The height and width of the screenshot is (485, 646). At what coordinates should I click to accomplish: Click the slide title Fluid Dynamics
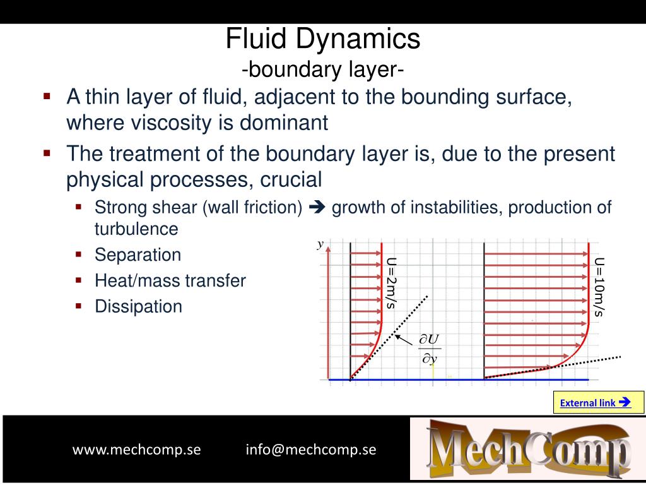(x=323, y=39)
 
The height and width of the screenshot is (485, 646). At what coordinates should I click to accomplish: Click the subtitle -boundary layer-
(x=323, y=69)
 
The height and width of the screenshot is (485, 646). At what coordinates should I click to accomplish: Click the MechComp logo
(x=528, y=449)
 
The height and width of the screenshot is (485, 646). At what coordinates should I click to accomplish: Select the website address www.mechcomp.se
(x=137, y=450)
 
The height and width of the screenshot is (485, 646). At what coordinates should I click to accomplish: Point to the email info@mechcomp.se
(x=311, y=450)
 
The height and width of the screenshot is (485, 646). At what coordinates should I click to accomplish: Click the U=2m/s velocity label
(x=392, y=282)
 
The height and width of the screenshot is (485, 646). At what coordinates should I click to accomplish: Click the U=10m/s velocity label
(x=599, y=286)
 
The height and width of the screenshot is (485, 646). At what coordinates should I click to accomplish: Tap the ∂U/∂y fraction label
(x=430, y=349)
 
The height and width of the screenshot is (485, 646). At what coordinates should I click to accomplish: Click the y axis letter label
(x=320, y=244)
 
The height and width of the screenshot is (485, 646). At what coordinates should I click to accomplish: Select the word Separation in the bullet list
(x=138, y=255)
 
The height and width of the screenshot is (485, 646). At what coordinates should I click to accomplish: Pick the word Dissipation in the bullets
(x=138, y=307)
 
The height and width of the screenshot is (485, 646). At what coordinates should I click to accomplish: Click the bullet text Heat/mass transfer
(x=170, y=281)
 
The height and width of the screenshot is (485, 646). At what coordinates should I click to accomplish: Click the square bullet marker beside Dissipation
(x=79, y=306)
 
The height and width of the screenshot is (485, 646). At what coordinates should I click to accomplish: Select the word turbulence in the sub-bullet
(x=136, y=229)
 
